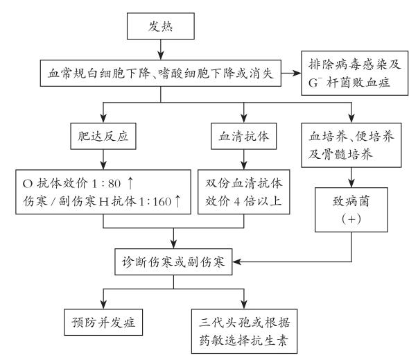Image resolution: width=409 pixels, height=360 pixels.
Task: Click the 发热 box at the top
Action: [160, 26]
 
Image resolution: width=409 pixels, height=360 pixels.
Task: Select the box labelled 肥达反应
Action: [103, 136]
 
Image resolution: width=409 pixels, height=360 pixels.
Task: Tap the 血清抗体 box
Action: [243, 136]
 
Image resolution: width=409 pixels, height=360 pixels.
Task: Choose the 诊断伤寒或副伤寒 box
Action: [173, 262]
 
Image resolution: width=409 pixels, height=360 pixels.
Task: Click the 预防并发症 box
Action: [103, 322]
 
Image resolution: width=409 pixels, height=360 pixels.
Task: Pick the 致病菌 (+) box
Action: [351, 209]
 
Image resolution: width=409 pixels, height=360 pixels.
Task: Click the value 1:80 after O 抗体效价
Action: [107, 184]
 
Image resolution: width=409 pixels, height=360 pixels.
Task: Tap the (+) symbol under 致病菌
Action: [351, 218]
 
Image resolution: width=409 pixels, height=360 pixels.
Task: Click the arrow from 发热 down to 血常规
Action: [161, 50]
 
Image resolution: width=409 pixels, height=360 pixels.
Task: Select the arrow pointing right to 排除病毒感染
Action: [291, 73]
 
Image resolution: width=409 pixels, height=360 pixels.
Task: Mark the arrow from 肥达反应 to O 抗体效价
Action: [103, 160]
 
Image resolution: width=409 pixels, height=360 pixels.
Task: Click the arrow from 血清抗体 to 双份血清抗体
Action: [244, 160]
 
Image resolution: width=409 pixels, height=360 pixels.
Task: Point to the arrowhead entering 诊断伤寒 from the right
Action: [236, 262]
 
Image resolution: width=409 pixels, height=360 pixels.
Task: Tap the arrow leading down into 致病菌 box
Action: [351, 178]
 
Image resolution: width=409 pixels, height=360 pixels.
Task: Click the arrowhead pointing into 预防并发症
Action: [103, 305]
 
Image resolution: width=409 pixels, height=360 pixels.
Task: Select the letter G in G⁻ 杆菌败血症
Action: [313, 83]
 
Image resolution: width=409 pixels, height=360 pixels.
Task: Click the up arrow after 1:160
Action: [177, 201]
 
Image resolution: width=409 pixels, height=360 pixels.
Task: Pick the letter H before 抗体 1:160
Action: [104, 202]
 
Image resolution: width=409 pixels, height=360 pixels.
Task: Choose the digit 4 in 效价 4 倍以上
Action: [236, 202]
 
